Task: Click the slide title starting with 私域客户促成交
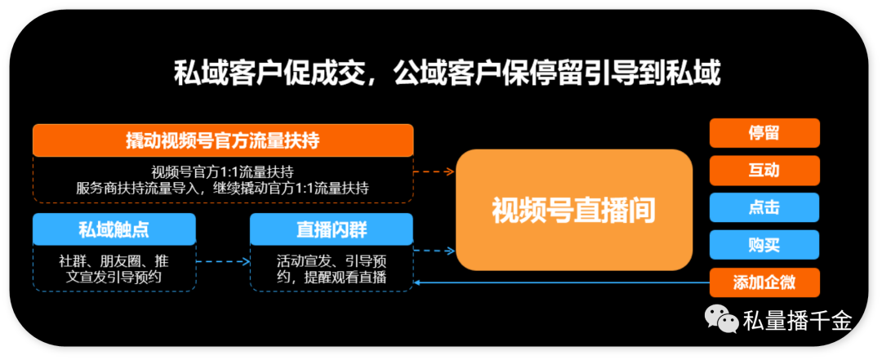point(448,74)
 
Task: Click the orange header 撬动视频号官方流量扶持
point(222,140)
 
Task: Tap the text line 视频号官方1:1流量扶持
point(222,171)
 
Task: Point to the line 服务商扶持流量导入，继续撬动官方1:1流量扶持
point(222,188)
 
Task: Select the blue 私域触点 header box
point(114,229)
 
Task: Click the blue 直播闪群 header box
point(331,229)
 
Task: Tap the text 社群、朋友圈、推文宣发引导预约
point(114,269)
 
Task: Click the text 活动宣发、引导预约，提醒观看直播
point(331,269)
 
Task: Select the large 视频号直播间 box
point(573,210)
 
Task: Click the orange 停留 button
point(764,133)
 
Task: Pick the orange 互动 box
point(764,170)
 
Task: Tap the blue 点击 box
point(764,207)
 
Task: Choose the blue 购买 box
point(764,245)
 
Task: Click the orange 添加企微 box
point(764,282)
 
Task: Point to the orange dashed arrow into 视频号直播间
point(434,172)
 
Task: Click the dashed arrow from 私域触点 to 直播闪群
point(223,262)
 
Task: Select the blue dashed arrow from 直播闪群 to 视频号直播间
point(434,251)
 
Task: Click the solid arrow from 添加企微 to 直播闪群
point(563,282)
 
